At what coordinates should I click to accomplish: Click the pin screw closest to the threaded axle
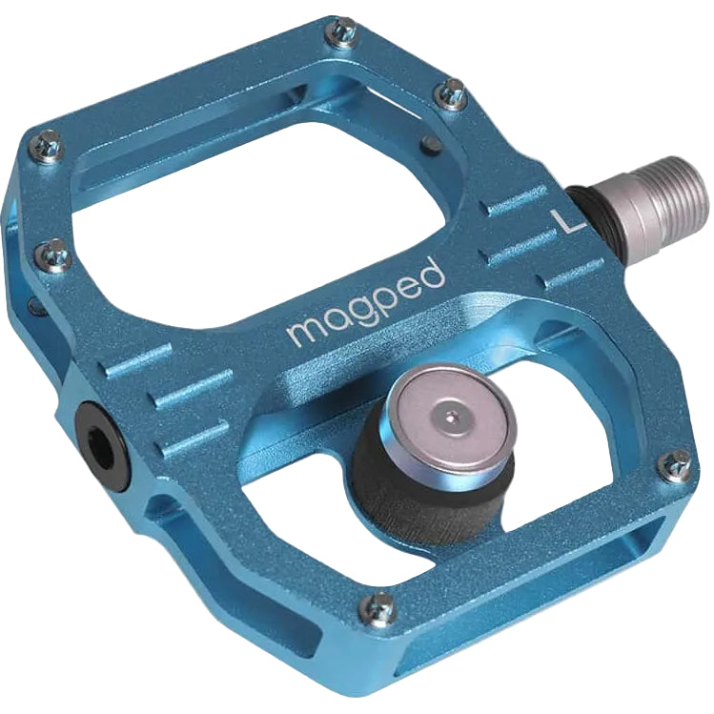pos(453,92)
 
